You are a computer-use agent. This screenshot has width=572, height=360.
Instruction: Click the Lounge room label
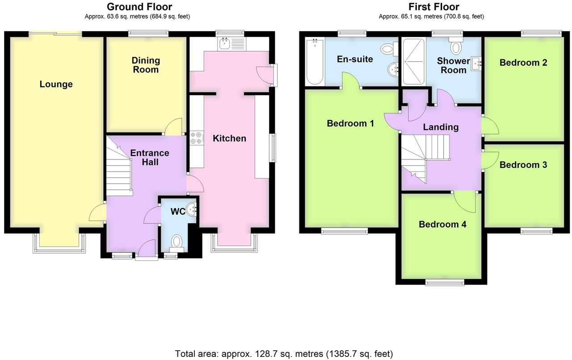[x=56, y=84]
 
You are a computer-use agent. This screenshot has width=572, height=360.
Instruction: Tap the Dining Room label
[x=146, y=65]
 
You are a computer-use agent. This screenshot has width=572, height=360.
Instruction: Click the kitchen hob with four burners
[x=196, y=138]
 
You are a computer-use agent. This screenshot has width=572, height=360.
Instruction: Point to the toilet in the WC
[x=177, y=242]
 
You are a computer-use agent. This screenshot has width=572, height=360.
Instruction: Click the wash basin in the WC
[x=193, y=209]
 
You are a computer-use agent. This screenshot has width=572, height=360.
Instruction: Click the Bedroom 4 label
[x=442, y=224]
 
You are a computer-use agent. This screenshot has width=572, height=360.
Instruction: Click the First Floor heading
[x=433, y=7]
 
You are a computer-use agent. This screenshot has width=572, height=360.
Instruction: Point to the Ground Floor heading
[x=139, y=7]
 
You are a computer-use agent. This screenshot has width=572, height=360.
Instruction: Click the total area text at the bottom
[x=284, y=354]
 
